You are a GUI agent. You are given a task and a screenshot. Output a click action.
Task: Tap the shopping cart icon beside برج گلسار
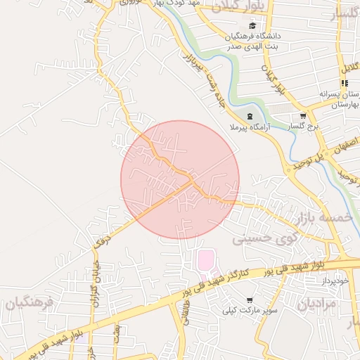[x=302, y=116]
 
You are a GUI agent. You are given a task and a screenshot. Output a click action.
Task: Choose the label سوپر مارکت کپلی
[x=251, y=309]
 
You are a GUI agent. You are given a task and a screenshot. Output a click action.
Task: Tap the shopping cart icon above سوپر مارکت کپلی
[x=250, y=300]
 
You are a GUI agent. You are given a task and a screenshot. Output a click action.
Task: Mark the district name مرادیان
[x=318, y=304]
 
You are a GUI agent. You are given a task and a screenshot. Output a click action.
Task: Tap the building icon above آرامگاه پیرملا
[x=249, y=116]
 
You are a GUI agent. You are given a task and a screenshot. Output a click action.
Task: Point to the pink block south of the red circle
[x=205, y=259]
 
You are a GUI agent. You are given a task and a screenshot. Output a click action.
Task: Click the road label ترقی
[x=103, y=239]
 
